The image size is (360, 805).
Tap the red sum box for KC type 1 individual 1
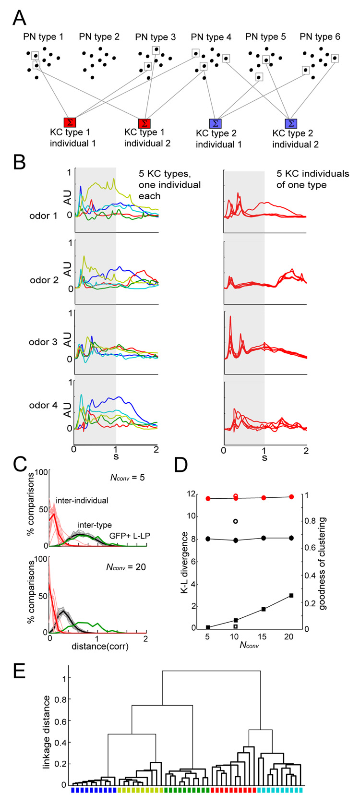[x=70, y=122]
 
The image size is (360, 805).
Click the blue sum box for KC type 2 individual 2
[x=291, y=124]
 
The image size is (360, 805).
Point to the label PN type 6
[x=320, y=37]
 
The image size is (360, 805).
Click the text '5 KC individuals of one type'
[x=312, y=179]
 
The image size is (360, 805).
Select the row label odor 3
[x=43, y=342]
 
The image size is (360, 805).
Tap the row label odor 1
[x=43, y=216]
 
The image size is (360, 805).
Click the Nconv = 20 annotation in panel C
[x=126, y=567]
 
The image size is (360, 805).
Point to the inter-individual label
[x=82, y=500]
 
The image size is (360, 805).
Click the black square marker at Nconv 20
[x=291, y=596]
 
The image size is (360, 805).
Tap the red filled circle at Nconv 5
[x=208, y=498]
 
